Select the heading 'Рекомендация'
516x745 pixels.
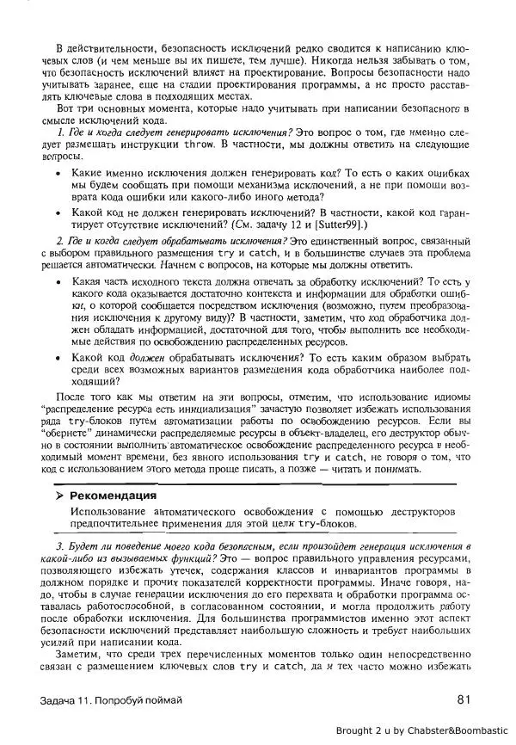tap(113, 496)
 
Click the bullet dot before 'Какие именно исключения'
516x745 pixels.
tap(58, 173)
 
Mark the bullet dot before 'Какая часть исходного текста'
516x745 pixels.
tap(58, 281)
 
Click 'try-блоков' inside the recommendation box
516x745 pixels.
tap(326, 523)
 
